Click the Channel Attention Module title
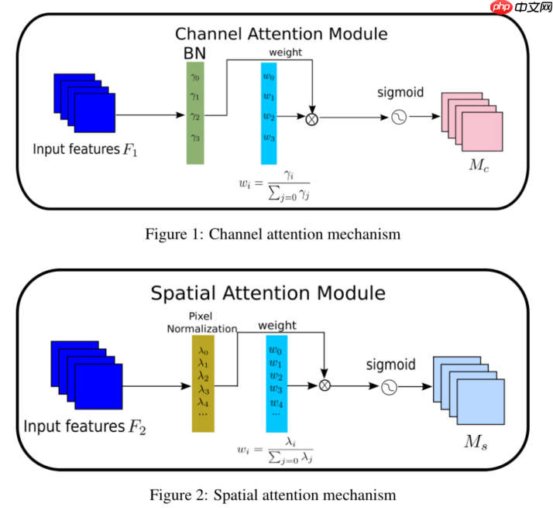(x=280, y=34)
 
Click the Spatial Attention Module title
(x=267, y=293)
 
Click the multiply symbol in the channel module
(x=312, y=118)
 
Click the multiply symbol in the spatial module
(x=325, y=385)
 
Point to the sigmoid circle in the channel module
(x=400, y=118)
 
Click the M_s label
(x=476, y=443)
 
